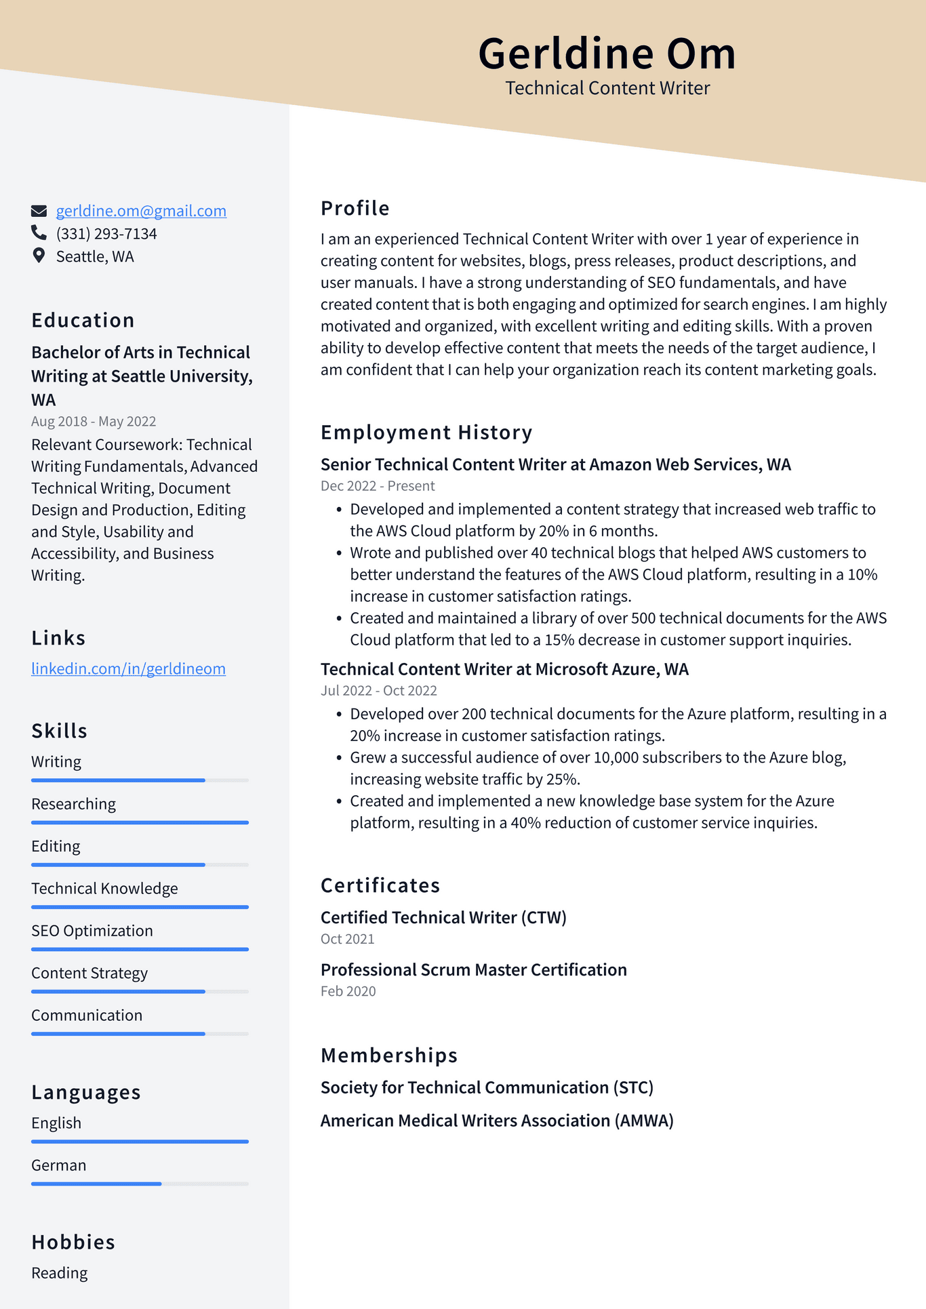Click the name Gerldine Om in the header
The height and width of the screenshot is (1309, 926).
(607, 54)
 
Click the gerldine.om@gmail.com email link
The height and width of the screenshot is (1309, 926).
(141, 211)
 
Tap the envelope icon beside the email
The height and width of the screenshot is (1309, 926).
(39, 211)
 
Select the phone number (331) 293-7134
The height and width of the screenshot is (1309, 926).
(106, 234)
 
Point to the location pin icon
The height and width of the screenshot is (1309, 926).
(39, 256)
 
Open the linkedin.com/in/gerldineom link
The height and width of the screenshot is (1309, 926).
(128, 669)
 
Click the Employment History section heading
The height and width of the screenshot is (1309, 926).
(426, 432)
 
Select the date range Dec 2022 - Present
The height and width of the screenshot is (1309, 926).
(378, 486)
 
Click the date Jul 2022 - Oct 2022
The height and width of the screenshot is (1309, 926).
(378, 691)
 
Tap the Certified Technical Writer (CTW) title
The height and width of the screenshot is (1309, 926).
(443, 918)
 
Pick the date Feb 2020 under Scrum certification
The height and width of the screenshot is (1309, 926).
(348, 991)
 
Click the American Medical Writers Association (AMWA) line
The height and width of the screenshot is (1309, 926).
(497, 1121)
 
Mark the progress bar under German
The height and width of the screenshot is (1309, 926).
(140, 1184)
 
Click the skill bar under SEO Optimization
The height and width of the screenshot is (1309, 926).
(140, 949)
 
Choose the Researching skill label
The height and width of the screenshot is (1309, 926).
(73, 805)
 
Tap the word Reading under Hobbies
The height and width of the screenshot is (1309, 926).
(60, 1273)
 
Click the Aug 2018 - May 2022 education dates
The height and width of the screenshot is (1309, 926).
(94, 422)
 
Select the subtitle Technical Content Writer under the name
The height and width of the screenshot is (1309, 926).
(607, 88)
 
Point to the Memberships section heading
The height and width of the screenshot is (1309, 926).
(389, 1055)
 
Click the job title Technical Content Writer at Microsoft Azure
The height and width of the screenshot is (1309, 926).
(504, 670)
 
